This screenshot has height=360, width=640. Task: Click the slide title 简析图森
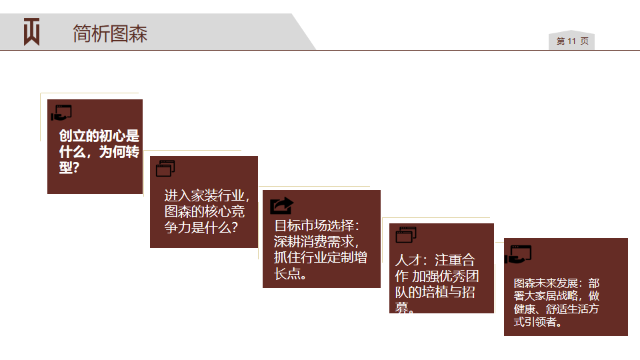pyautogui.click(x=110, y=33)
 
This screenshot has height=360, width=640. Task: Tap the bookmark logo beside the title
pyautogui.click(x=31, y=31)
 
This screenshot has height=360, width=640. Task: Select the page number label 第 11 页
pyautogui.click(x=572, y=41)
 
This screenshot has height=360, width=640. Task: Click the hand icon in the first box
pyautogui.click(x=61, y=113)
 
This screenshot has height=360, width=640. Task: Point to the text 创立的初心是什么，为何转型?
pyautogui.click(x=99, y=151)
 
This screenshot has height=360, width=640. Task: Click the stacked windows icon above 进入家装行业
pyautogui.click(x=165, y=168)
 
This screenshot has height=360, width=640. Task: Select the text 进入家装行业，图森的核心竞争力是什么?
pyautogui.click(x=207, y=211)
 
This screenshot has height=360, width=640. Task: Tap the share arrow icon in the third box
pyautogui.click(x=281, y=205)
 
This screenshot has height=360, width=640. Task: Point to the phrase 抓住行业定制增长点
pyautogui.click(x=321, y=265)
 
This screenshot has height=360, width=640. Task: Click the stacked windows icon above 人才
pyautogui.click(x=406, y=235)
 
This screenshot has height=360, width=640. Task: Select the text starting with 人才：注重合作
pyautogui.click(x=436, y=284)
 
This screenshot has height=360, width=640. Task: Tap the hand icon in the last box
pyautogui.click(x=518, y=254)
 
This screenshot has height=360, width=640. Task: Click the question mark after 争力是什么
pyautogui.click(x=234, y=227)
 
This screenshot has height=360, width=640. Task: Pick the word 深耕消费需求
pyautogui.click(x=314, y=241)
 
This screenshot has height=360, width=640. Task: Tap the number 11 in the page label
pyautogui.click(x=571, y=41)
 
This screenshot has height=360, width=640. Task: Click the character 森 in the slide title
pyautogui.click(x=138, y=33)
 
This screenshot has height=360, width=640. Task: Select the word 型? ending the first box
pyautogui.click(x=69, y=167)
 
